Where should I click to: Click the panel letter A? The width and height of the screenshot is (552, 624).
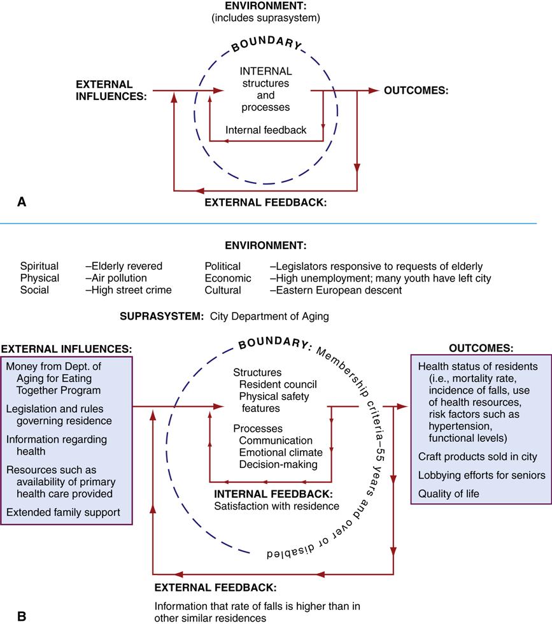[x=22, y=202]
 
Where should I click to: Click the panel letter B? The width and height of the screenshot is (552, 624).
[x=22, y=616]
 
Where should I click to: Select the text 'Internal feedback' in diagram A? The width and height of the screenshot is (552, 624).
[x=265, y=130]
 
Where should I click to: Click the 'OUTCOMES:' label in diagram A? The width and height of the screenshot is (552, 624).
[x=416, y=90]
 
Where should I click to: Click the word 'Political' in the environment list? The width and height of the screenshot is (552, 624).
[x=222, y=266]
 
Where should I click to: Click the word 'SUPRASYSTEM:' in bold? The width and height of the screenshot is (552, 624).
[x=158, y=315]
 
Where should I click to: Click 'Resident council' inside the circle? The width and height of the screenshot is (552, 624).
[x=278, y=385]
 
